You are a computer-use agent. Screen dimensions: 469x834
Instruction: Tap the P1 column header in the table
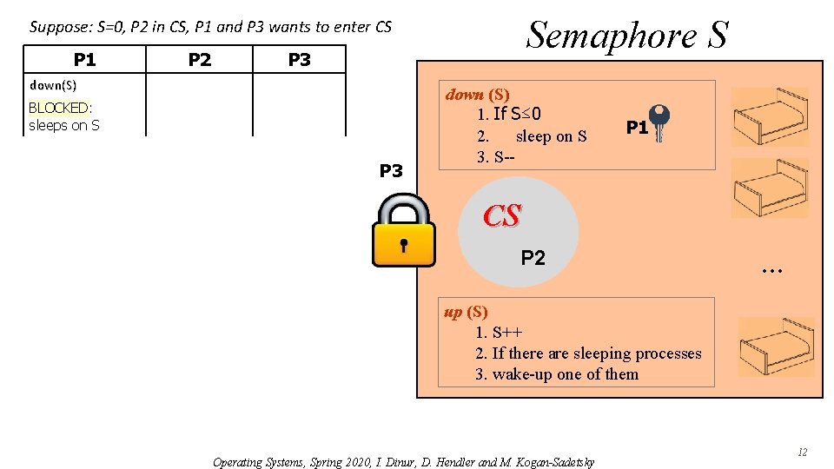[x=84, y=60]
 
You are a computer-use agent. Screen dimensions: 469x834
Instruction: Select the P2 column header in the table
[x=200, y=60]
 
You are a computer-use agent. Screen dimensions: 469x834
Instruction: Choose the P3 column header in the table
[x=299, y=60]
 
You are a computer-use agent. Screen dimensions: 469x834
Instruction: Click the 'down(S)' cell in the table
[x=53, y=85]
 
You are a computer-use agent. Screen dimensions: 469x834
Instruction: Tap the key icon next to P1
[x=660, y=122]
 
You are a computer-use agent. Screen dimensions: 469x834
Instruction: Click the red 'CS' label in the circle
[x=502, y=216]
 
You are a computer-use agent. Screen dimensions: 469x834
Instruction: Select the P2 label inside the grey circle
[x=533, y=257]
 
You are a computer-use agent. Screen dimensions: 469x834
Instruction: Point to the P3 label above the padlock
[x=392, y=171]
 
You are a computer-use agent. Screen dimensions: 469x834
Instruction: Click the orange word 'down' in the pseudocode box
[x=465, y=94]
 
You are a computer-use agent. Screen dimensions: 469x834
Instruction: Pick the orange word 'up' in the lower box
[x=453, y=312]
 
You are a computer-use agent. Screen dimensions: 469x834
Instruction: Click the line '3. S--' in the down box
[x=495, y=157]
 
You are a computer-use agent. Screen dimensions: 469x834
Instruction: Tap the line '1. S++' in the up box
[x=498, y=333]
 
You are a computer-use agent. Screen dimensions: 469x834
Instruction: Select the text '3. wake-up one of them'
[x=556, y=374]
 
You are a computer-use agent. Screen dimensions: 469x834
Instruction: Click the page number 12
[x=803, y=452]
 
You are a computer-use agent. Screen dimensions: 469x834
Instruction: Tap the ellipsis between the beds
[x=771, y=270]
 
